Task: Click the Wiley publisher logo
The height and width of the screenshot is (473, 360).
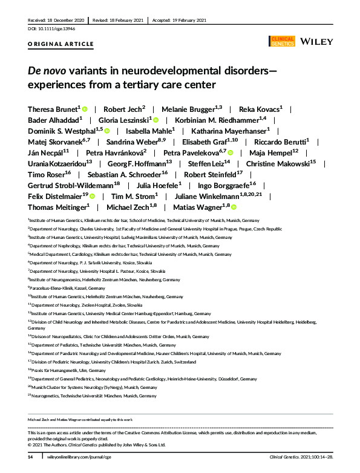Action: (314, 42)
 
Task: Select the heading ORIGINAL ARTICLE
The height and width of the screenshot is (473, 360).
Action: (61, 44)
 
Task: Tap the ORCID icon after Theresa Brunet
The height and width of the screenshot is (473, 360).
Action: (85, 109)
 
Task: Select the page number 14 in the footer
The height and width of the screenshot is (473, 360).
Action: (30, 457)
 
